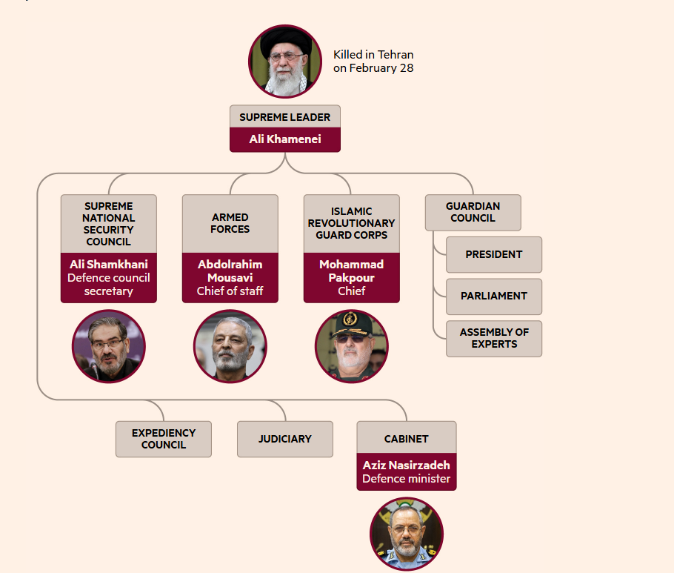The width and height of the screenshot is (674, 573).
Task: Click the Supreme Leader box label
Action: tap(284, 117)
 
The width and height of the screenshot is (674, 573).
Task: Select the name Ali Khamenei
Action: tap(284, 139)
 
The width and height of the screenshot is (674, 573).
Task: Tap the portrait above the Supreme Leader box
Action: tap(285, 62)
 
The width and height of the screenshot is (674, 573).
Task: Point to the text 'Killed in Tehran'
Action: tap(373, 55)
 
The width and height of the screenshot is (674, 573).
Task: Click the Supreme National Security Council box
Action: tap(109, 224)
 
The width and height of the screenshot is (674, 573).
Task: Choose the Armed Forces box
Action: tap(230, 223)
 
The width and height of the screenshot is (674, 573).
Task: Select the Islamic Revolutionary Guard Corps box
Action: tap(351, 223)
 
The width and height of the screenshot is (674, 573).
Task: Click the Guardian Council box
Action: tap(473, 212)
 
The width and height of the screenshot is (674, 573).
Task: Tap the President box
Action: tap(494, 254)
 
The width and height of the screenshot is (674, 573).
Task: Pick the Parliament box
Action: tap(494, 296)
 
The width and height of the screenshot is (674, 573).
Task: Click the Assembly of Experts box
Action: tap(494, 338)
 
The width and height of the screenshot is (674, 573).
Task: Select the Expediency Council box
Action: tap(164, 439)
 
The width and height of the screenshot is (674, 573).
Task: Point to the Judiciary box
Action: tap(285, 439)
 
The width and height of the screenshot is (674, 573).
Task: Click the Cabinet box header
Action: tap(406, 439)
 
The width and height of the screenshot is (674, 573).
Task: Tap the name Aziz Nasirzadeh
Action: tap(406, 466)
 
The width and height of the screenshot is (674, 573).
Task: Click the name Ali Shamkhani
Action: tap(109, 265)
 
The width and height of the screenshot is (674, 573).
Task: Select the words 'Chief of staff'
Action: tap(230, 291)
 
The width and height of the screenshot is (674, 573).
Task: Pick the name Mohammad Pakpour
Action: tap(351, 271)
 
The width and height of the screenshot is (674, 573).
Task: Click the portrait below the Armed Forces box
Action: tap(230, 346)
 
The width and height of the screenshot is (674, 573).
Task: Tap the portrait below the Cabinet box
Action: tap(406, 534)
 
